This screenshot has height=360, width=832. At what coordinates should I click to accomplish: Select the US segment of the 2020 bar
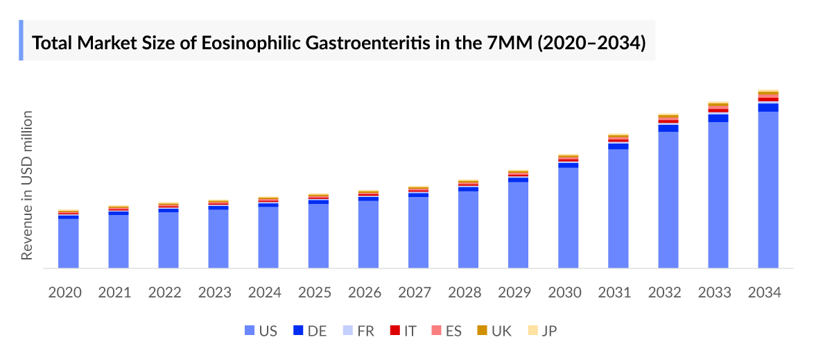(68, 243)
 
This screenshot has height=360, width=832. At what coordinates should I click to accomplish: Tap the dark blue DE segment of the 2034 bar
(768, 107)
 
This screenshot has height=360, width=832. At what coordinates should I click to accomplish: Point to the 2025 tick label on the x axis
(315, 293)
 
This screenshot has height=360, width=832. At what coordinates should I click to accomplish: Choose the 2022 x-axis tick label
(165, 293)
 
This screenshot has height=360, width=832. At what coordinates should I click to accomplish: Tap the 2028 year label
(465, 293)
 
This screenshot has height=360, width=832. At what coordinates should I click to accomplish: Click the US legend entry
(261, 331)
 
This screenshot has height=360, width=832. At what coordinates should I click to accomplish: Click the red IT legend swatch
(395, 331)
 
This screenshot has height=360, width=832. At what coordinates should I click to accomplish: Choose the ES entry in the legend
(446, 331)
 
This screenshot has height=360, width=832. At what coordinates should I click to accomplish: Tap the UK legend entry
(494, 331)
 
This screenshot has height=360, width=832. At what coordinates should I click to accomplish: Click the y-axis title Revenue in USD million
(26, 185)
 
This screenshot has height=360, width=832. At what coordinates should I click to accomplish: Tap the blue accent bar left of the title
(21, 40)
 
